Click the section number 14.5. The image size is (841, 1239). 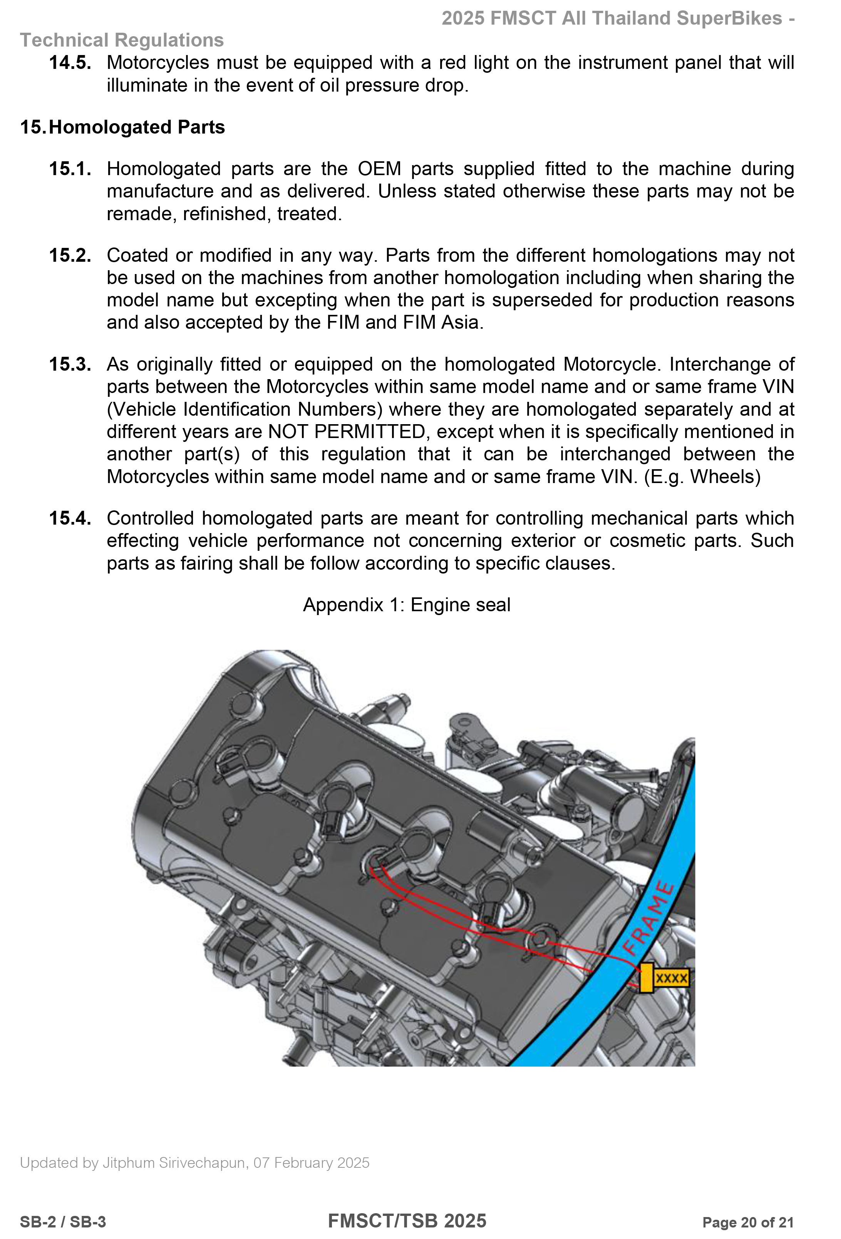click(70, 63)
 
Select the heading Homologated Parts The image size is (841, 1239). click(137, 127)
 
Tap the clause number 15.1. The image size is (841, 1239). click(70, 169)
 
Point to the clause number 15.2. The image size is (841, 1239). click(70, 255)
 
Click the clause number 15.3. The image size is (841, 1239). click(70, 365)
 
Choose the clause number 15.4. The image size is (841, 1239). click(70, 518)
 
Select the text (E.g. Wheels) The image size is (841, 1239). click(702, 477)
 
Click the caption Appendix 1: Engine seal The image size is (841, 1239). click(406, 605)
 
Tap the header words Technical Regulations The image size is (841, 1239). click(122, 40)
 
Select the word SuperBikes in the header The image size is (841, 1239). click(729, 18)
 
